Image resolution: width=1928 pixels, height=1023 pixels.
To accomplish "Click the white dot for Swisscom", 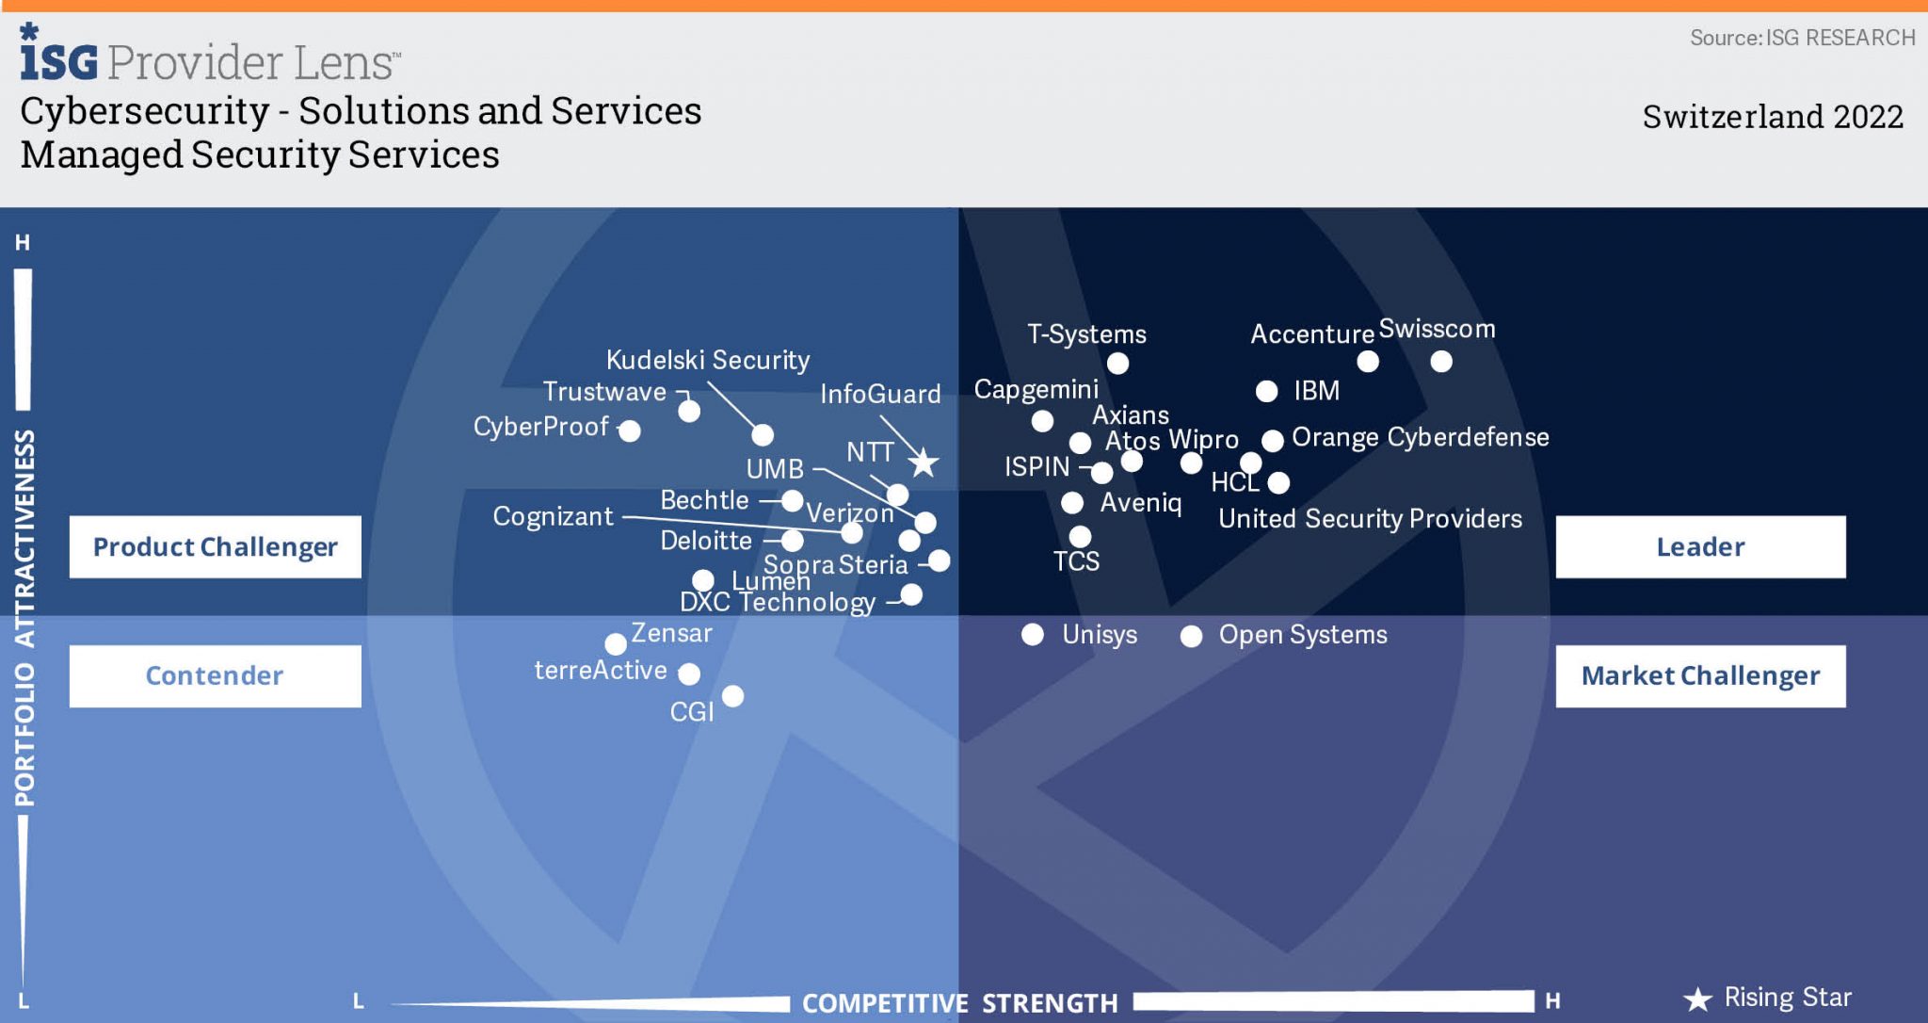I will click(x=1440, y=361).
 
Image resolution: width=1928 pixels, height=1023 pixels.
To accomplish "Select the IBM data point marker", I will click(x=1267, y=391).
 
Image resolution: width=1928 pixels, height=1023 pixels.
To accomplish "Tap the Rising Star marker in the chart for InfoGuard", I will click(x=924, y=463).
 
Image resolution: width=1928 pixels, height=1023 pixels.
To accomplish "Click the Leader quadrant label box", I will click(x=1700, y=546).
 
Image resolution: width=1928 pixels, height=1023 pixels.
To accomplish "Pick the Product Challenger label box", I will click(x=215, y=546).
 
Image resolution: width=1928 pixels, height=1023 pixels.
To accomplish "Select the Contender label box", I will click(x=215, y=675).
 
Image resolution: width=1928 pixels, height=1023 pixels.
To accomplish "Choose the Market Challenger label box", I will click(x=1700, y=675).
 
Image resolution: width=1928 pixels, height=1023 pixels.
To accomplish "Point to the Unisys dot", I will click(x=1033, y=635).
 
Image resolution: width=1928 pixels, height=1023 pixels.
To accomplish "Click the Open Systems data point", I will click(x=1191, y=636).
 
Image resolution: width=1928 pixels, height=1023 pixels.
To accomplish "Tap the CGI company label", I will click(x=692, y=712).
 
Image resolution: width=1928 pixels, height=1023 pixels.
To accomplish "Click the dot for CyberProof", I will click(x=630, y=430).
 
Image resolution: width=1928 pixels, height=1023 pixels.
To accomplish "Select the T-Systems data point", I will click(x=1117, y=363).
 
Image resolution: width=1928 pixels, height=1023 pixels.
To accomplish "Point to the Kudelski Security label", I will click(x=708, y=360).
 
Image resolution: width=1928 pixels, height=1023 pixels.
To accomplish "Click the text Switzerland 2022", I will click(x=1773, y=117).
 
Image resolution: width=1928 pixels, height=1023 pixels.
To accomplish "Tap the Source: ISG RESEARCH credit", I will click(x=1802, y=38).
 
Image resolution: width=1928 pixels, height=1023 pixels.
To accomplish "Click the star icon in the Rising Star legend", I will click(x=1697, y=999).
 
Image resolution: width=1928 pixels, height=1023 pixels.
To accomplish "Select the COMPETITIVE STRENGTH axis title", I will click(x=959, y=1003).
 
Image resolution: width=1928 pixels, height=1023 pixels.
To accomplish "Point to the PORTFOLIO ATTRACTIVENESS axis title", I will click(x=24, y=617).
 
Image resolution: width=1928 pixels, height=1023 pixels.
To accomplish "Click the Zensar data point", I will click(x=616, y=644).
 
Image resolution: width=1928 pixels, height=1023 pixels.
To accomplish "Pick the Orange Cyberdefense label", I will click(x=1420, y=437).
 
